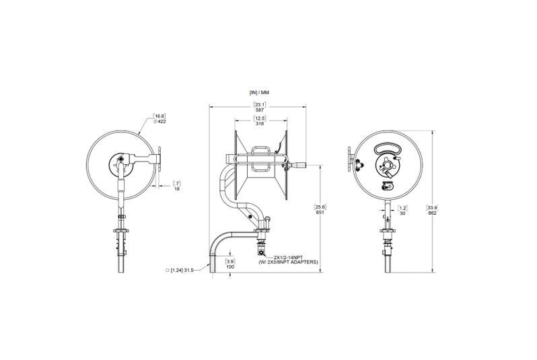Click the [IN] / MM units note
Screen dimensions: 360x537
click(x=259, y=92)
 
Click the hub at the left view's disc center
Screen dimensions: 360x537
click(x=119, y=161)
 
